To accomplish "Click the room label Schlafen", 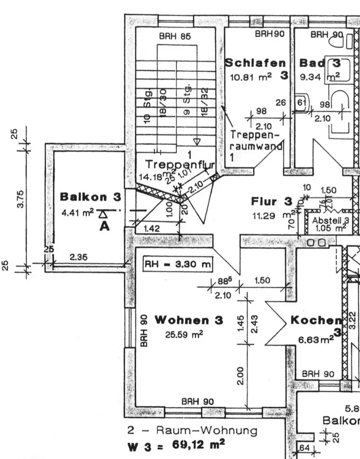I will (x=255, y=63).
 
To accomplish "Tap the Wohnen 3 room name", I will (x=188, y=320).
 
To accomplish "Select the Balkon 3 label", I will (x=91, y=197).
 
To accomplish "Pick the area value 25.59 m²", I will (x=184, y=335).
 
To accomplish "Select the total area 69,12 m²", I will (x=198, y=444).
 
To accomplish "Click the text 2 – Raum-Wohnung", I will (x=192, y=431).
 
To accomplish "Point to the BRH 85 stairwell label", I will (x=175, y=37).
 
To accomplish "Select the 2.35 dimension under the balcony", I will (x=79, y=257).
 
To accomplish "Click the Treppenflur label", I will (x=174, y=164).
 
